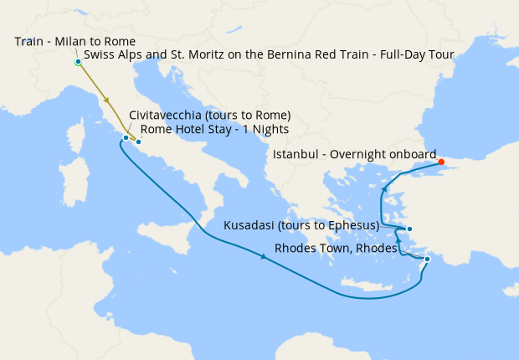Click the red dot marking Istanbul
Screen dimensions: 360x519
click(x=441, y=162)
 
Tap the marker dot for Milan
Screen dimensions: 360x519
click(x=78, y=62)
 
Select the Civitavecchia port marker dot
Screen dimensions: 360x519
click(x=126, y=137)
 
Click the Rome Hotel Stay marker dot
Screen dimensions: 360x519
click(x=139, y=142)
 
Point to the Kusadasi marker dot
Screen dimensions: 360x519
click(x=409, y=229)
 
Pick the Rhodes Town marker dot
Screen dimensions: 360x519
click(x=427, y=260)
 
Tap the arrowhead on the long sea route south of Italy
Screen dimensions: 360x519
click(x=265, y=257)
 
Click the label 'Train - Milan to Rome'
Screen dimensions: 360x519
click(x=75, y=41)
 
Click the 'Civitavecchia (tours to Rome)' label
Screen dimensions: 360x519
click(x=209, y=115)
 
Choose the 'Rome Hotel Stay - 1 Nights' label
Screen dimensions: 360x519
click(x=214, y=129)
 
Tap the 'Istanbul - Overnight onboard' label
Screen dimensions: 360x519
click(x=355, y=154)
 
